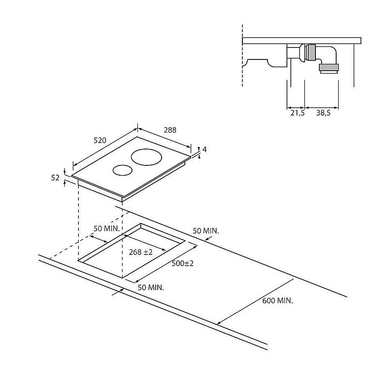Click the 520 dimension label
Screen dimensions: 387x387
(100, 140)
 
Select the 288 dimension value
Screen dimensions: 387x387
(170, 130)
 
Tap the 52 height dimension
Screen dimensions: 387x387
(55, 178)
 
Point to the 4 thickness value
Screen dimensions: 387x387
(205, 149)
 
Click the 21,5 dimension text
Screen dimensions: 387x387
(298, 113)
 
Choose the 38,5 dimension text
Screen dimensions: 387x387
(323, 113)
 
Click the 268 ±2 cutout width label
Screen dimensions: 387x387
(141, 252)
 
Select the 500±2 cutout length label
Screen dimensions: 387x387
(183, 263)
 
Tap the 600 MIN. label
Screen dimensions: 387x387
(278, 300)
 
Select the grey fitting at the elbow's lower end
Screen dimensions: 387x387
(329, 67)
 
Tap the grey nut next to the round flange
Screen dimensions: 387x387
(311, 52)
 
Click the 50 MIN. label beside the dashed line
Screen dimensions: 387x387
(106, 228)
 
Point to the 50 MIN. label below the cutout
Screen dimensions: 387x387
(151, 287)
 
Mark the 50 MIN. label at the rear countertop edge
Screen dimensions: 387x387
(206, 231)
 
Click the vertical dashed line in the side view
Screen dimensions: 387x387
(242, 56)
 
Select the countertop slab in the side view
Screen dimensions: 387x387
(301, 41)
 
